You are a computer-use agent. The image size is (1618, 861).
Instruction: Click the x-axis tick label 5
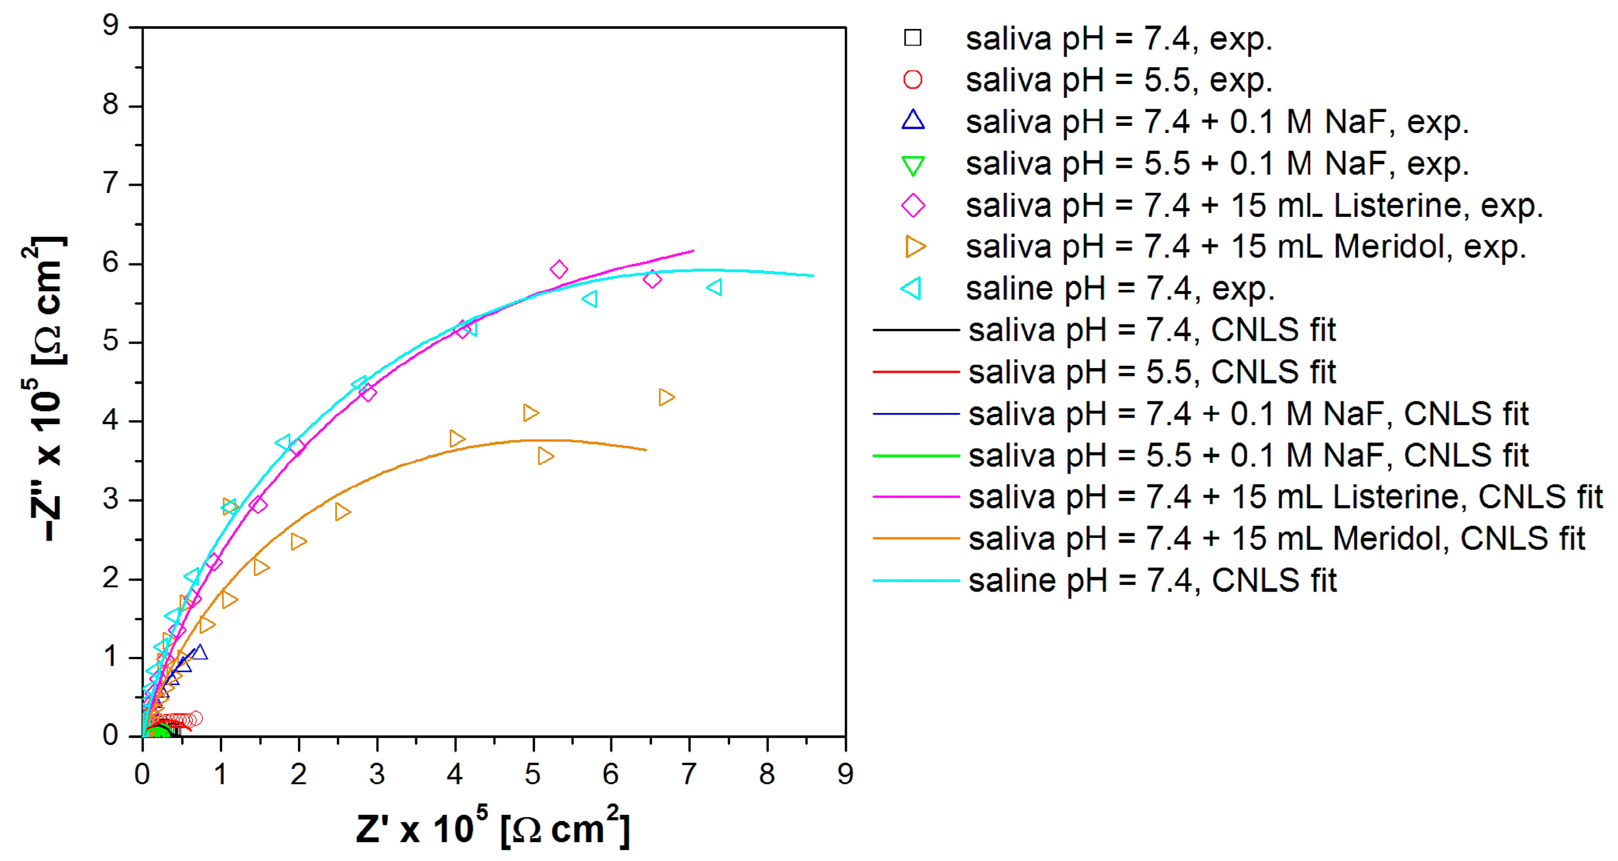[533, 775]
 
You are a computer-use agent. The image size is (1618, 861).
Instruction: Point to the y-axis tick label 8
[111, 105]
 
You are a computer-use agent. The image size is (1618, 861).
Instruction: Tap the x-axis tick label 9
[845, 775]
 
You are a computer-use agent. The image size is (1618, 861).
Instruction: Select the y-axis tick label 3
[111, 500]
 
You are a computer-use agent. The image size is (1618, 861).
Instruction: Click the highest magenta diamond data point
[559, 269]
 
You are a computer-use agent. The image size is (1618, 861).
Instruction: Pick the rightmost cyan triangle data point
[715, 287]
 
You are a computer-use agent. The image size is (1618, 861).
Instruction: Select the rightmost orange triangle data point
[666, 397]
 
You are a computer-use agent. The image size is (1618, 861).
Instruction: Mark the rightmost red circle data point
[196, 718]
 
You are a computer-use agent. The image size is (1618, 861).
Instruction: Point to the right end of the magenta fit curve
[693, 251]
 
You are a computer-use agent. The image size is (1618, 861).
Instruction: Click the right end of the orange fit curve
[646, 450]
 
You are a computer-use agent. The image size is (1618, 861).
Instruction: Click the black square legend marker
[913, 38]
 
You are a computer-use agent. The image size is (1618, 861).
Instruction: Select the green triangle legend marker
[913, 166]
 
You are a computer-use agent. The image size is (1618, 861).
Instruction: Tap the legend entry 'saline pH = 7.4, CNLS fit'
[1152, 580]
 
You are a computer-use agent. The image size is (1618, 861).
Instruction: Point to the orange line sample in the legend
[916, 538]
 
